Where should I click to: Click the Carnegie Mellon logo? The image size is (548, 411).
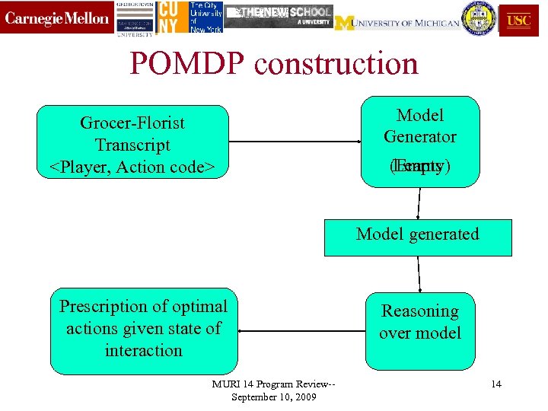point(57,18)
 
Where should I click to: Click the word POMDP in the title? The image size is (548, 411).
point(187,64)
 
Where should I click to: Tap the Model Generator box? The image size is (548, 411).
point(420,141)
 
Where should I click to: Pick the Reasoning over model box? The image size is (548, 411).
point(420,322)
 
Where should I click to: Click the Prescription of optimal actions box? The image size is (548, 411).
point(144,330)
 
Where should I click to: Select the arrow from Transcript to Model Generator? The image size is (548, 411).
point(294,141)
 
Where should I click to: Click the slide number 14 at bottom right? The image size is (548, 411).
point(496,384)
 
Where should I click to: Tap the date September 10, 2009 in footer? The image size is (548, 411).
point(273,397)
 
